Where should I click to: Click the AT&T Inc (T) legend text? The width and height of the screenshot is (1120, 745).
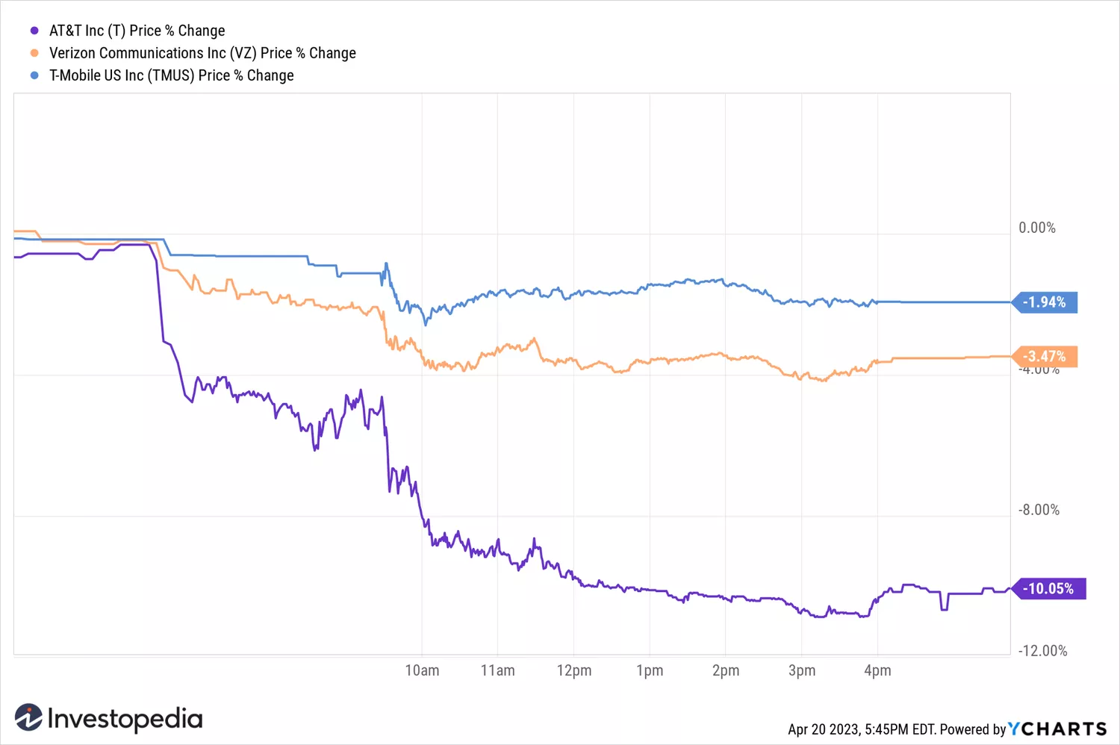click(x=137, y=31)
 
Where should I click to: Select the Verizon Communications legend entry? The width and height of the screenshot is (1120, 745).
click(x=202, y=53)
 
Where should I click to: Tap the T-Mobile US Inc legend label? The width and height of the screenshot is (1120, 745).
click(x=171, y=75)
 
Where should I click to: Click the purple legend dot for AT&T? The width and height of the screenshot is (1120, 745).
click(x=34, y=31)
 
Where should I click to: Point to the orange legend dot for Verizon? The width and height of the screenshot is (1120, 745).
click(x=34, y=53)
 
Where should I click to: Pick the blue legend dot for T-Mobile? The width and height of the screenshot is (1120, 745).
click(x=34, y=75)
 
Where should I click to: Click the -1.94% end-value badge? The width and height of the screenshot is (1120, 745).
click(x=1044, y=302)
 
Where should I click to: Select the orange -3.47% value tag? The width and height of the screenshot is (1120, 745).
click(x=1044, y=357)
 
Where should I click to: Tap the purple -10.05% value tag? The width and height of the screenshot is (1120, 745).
click(x=1048, y=589)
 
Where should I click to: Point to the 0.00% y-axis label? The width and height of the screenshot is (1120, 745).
click(x=1037, y=228)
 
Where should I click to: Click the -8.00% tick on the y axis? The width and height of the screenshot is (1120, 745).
click(x=1039, y=510)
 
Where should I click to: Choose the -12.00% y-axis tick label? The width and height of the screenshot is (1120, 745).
click(x=1042, y=651)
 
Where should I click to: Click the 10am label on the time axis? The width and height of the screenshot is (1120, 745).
click(x=422, y=670)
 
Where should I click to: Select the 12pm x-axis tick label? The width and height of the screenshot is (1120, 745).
click(x=574, y=670)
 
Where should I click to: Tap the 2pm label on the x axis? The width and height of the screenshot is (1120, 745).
click(x=726, y=670)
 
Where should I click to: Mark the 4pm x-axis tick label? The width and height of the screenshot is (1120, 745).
click(x=877, y=670)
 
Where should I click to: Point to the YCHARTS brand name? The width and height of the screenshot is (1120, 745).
click(x=1057, y=729)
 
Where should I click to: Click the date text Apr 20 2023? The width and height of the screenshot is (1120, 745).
click(x=824, y=729)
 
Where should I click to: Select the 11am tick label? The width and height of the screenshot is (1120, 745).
click(x=498, y=670)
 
